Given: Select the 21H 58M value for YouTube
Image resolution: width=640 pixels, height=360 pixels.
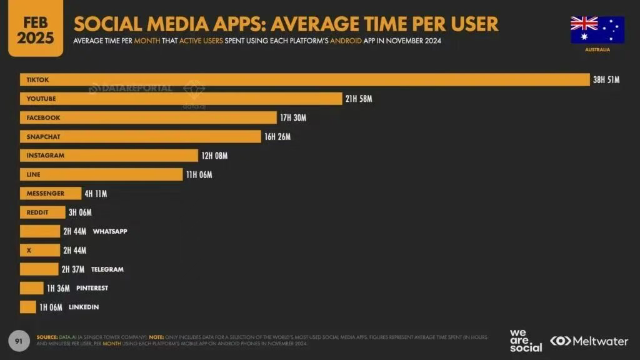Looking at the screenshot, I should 359,99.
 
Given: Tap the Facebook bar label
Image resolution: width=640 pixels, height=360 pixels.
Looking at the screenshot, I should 43,117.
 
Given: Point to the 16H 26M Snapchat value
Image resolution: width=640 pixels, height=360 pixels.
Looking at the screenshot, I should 277,137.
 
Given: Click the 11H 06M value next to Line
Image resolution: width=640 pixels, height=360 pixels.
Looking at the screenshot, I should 199,174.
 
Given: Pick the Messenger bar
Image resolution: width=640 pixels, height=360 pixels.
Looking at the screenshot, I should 51,194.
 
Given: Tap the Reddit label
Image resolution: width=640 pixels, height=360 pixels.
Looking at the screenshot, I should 37,212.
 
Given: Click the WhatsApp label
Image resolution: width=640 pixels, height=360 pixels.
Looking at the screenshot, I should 110,231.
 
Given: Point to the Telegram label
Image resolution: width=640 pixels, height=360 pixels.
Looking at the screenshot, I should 107,269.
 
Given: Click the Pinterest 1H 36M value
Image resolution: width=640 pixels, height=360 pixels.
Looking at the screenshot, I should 59,288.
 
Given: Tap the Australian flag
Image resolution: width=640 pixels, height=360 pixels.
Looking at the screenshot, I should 597,29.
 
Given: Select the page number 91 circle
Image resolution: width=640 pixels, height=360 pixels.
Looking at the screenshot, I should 19,341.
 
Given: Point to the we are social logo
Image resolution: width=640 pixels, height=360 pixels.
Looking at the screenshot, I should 526,341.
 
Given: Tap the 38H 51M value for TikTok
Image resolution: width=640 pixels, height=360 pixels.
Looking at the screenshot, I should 606,80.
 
